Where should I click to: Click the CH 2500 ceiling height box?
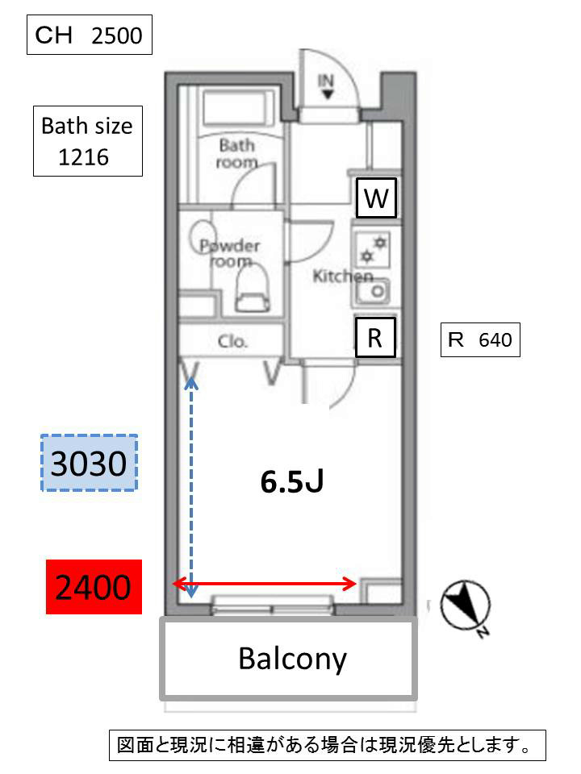point(90,35)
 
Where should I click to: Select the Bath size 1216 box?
point(87,141)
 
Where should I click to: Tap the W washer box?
point(376,198)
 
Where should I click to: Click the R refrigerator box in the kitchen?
point(375,337)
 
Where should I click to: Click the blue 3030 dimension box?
point(89,463)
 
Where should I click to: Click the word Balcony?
point(292,659)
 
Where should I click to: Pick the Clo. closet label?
point(232,341)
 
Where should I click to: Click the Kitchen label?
point(342,277)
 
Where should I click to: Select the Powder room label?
point(230,253)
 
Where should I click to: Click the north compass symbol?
point(466,606)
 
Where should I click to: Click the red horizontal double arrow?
point(265,584)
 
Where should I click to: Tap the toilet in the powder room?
point(251,289)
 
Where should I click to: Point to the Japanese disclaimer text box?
point(327,745)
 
